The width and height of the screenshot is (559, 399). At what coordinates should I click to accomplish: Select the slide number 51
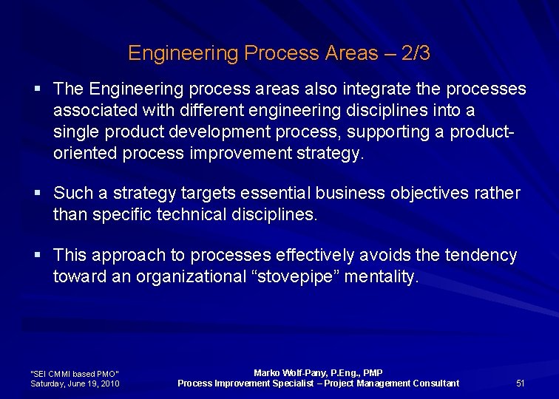[x=520, y=383]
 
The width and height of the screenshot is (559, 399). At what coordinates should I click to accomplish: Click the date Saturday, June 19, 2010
[x=75, y=383]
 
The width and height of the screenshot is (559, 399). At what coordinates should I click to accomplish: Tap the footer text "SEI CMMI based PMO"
[x=74, y=374]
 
